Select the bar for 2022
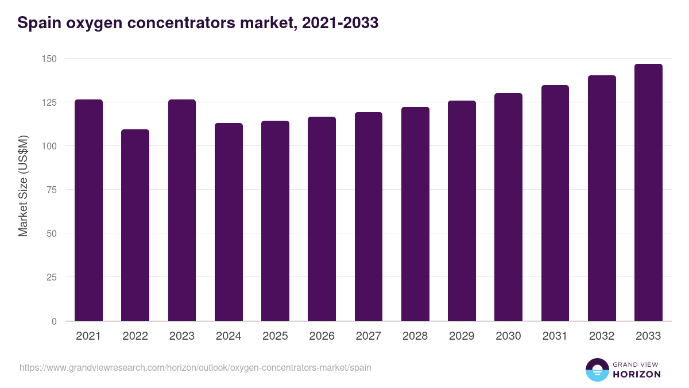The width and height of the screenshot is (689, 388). pos(135,225)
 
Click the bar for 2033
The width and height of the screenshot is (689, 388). pos(648,193)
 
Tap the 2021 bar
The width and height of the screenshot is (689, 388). pos(88,210)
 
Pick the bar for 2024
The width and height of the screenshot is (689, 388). pos(229,222)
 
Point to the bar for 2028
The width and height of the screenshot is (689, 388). pos(415,214)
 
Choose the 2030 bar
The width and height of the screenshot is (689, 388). pos(508,207)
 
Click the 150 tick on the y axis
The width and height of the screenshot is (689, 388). pos(49,59)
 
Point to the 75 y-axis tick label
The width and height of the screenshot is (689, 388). pos(51,190)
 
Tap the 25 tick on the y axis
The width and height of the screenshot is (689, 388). pos(51,277)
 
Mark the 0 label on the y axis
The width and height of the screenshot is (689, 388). pos(54,321)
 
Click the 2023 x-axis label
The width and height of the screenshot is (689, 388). pos(182,336)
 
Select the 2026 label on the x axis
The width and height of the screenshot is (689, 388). pos(322,336)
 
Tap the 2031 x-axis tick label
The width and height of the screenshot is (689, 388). pos(555,336)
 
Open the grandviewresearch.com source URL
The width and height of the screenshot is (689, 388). pos(195,367)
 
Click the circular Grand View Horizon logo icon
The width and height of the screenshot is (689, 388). pos(597,370)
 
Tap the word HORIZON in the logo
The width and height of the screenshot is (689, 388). pos(636,374)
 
